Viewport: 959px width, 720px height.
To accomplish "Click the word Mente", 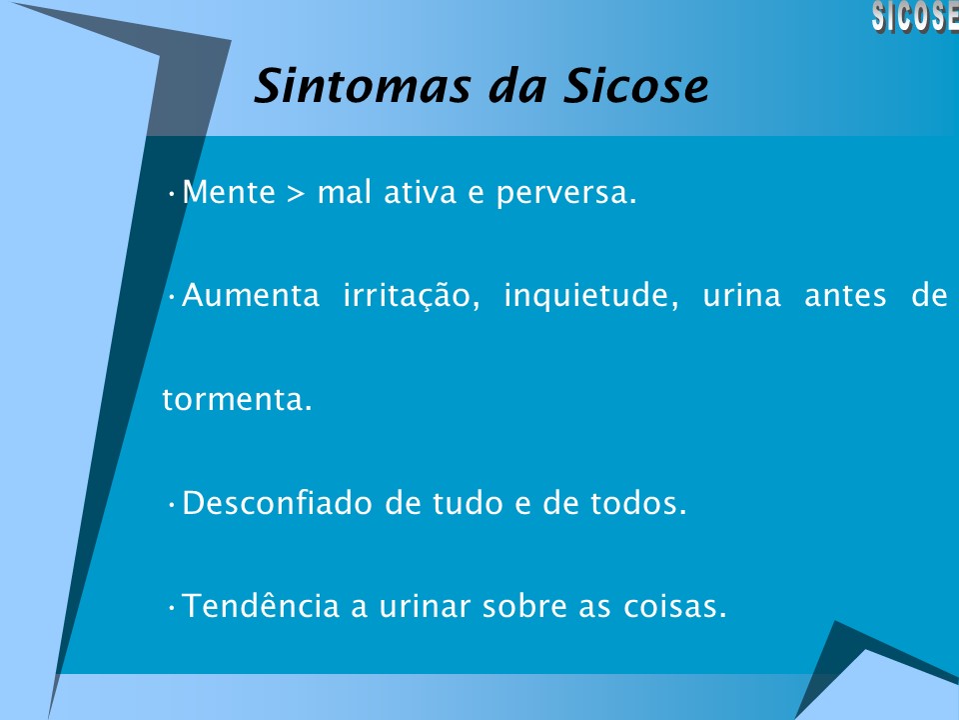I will coord(229,192).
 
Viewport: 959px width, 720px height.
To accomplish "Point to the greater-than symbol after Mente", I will coord(296,193).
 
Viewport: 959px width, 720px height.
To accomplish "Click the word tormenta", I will coord(237,401).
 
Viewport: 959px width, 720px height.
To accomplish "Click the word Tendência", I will coord(262,607).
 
